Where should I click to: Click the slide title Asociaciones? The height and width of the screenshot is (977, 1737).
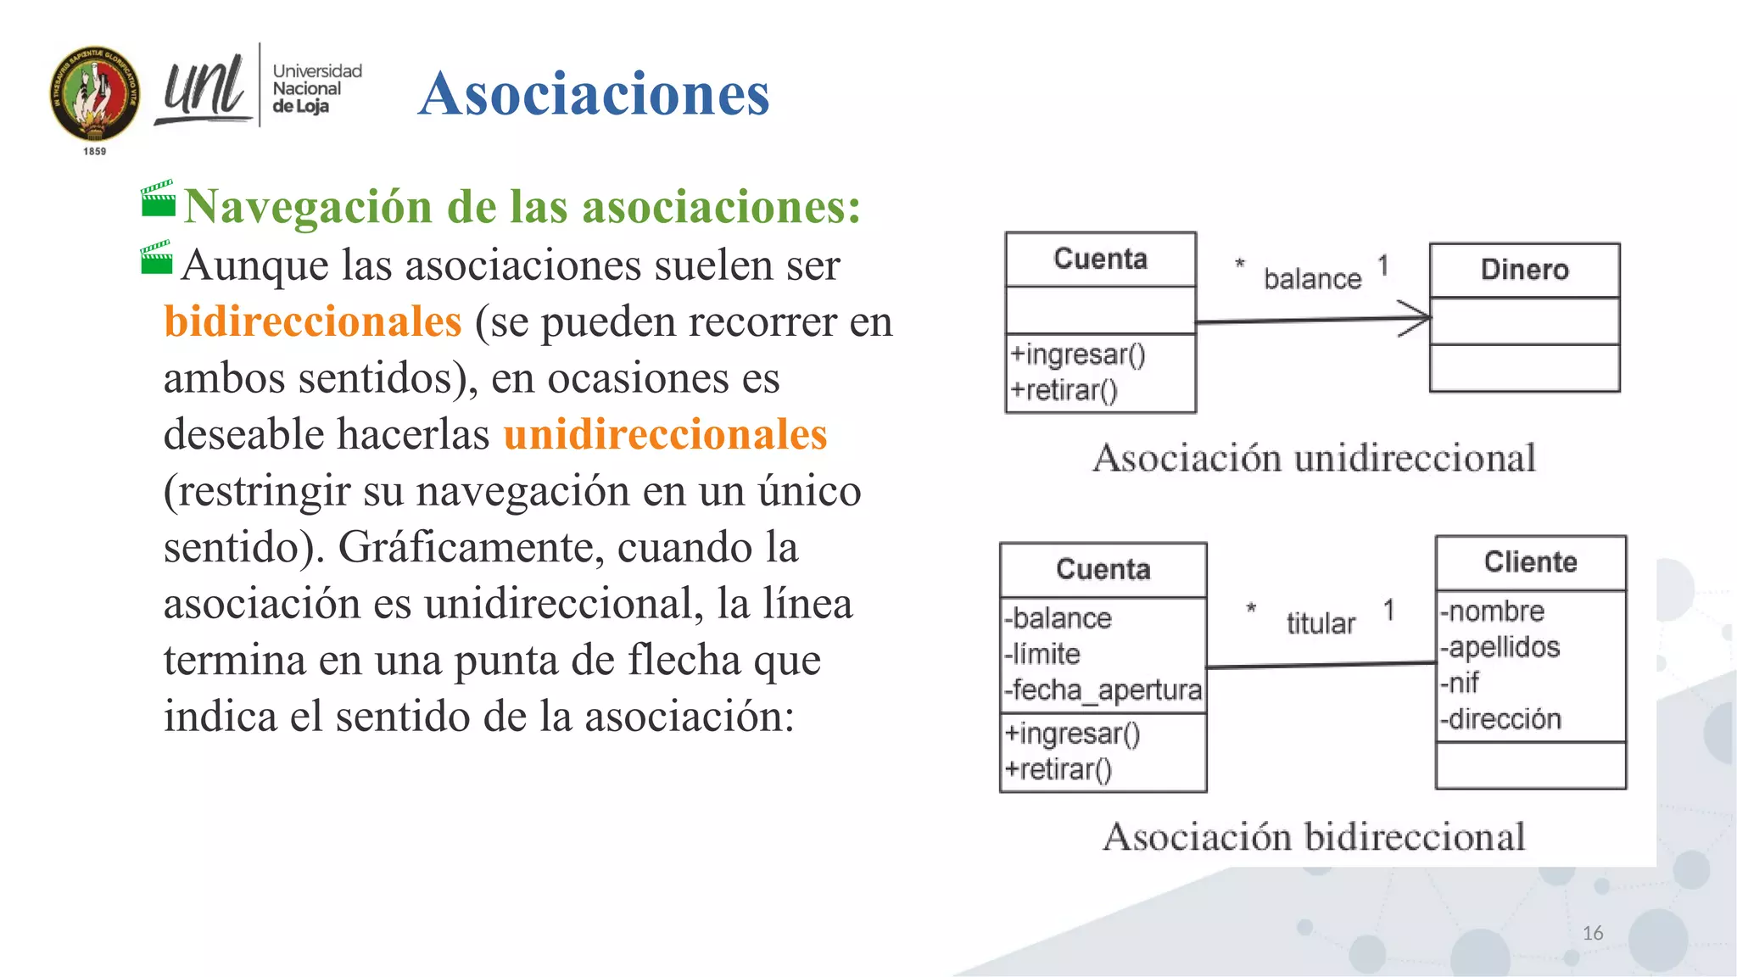coord(594,93)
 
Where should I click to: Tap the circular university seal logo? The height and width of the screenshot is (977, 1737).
coord(95,93)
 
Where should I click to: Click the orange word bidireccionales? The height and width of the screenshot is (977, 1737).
coord(313,321)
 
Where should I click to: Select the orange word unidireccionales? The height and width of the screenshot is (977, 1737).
coord(665,434)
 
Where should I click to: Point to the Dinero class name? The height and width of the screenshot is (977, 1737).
coord(1524,270)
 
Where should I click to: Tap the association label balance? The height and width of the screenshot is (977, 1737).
coord(1312,279)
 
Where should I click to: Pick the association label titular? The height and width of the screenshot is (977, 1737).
coord(1321,623)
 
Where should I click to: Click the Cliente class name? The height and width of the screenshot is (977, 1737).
coord(1530,562)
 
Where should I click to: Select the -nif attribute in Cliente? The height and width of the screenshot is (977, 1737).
coord(1461,683)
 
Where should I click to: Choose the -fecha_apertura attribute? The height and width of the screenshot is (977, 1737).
coord(1103,690)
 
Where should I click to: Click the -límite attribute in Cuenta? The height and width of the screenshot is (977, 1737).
coord(1042,654)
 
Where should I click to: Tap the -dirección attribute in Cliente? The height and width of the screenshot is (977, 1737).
coord(1500,719)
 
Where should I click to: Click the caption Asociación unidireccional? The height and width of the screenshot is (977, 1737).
coord(1314,458)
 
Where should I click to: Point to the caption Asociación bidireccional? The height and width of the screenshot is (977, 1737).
coord(1314,837)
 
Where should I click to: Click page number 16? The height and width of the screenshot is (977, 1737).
coord(1592,933)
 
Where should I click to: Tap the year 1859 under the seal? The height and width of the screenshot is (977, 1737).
coord(95,151)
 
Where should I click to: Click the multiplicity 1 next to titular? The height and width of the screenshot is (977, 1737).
coord(1388,610)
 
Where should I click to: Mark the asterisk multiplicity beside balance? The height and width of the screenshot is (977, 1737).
coord(1240,264)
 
